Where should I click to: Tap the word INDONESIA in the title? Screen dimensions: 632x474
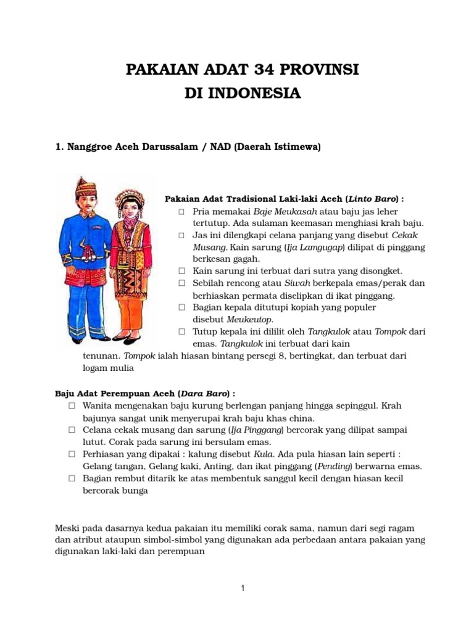[258, 94]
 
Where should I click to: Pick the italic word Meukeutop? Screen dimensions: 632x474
[250, 318]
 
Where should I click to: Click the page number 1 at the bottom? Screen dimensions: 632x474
[243, 588]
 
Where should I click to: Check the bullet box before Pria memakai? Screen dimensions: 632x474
[181, 212]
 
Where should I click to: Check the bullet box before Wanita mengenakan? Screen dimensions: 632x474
[72, 405]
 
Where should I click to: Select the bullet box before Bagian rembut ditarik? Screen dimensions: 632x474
[72, 478]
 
